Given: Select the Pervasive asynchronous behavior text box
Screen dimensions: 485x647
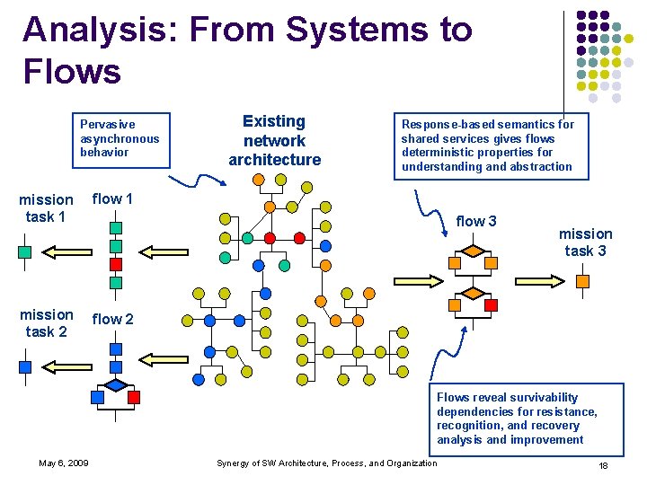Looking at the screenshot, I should click(120, 138).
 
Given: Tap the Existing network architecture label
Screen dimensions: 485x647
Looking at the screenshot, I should click(274, 140).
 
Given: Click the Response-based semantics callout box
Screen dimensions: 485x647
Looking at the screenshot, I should click(487, 145).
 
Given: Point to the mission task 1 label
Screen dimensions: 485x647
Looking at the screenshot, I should click(46, 208).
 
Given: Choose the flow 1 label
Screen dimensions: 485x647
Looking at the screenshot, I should click(112, 198).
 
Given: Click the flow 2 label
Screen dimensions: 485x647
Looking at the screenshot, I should click(112, 319).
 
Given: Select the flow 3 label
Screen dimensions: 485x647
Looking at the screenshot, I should click(476, 221).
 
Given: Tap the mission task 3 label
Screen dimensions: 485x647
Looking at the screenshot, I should click(585, 242).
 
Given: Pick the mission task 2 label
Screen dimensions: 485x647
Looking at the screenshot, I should click(46, 323).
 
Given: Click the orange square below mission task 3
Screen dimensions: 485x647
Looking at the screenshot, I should click(582, 282).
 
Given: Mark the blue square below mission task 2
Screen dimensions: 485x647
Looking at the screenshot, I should click(25, 366).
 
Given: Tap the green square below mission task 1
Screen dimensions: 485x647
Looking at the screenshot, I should click(25, 252).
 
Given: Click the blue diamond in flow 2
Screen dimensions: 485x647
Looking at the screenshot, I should click(115, 385).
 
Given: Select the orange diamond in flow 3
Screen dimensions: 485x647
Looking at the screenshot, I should click(473, 294).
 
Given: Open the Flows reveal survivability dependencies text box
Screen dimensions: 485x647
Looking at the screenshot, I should click(516, 419).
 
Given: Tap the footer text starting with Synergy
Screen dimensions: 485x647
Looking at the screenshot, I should click(327, 463).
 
